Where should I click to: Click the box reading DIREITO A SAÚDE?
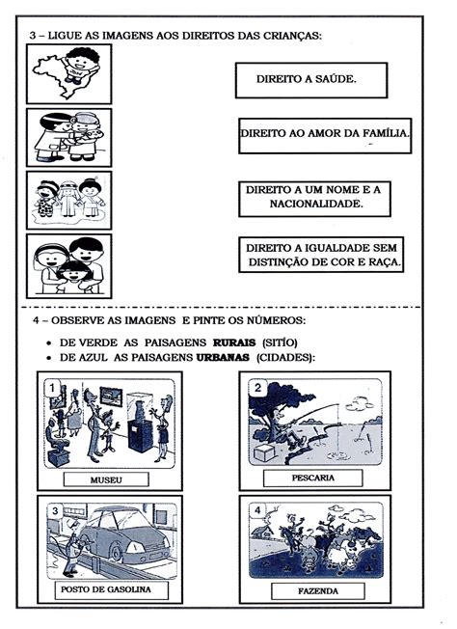(310, 80)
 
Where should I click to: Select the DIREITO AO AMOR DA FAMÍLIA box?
(325, 136)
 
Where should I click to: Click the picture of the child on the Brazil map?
(68, 73)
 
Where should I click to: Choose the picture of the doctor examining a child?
(68, 136)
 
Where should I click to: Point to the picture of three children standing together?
(68, 200)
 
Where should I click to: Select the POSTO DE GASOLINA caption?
(107, 588)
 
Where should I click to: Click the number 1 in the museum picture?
(50, 388)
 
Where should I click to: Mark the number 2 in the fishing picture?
(258, 388)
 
